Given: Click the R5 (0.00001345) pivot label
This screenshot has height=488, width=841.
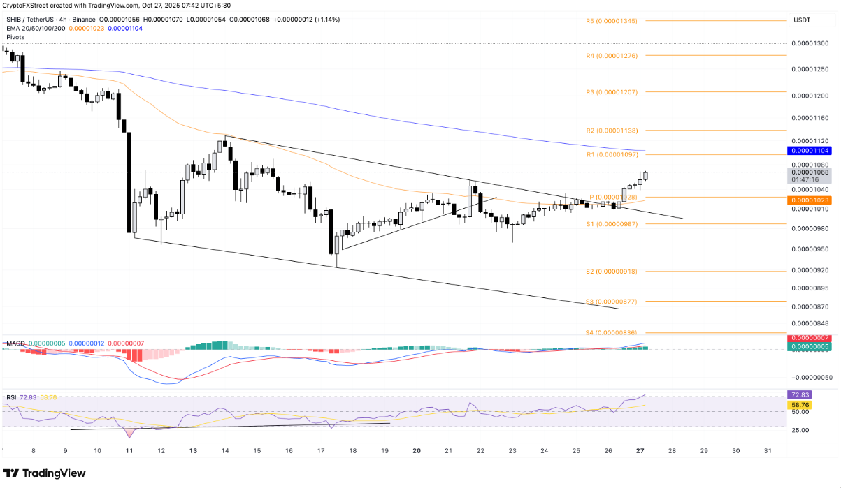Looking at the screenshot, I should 611,22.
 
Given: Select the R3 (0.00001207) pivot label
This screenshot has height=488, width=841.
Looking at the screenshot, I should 611,92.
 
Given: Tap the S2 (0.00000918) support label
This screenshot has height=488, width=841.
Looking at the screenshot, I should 611,271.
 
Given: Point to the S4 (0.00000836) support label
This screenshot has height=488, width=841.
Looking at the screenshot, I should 611,333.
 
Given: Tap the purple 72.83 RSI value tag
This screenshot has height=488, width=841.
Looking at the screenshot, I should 800,395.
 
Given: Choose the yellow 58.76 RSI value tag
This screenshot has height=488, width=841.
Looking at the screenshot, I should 800,404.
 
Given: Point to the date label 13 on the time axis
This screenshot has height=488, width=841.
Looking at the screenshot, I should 192,451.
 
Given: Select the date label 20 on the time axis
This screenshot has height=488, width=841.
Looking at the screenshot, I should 416,451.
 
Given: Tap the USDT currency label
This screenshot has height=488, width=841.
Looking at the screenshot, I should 802,20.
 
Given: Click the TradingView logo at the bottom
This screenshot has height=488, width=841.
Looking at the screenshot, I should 47,473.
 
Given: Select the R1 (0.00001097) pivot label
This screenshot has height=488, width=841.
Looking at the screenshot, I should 611,154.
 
